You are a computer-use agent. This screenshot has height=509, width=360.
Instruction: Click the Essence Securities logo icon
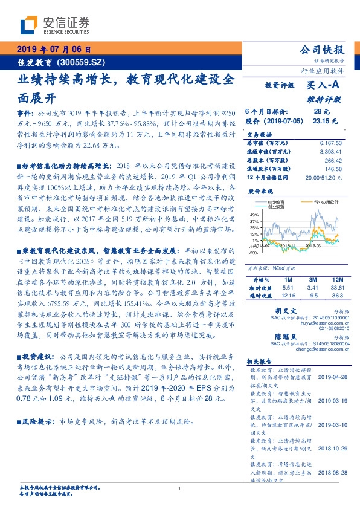click(x=30, y=25)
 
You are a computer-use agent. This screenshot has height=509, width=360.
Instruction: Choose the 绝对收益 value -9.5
click(x=312, y=296)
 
